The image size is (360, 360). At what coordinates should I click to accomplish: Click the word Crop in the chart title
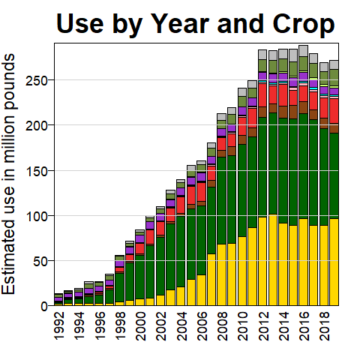(x=304, y=24)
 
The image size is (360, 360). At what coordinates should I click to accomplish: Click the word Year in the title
(x=180, y=24)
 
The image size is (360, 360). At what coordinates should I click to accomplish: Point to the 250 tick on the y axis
(x=37, y=80)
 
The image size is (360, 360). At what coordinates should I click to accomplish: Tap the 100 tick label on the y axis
(x=37, y=216)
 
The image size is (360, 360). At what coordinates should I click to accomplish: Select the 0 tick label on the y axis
(x=44, y=306)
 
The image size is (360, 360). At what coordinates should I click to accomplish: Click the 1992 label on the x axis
(x=59, y=326)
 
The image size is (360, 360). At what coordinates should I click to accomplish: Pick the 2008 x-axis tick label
(x=223, y=326)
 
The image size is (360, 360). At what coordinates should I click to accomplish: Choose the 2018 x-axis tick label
(x=325, y=326)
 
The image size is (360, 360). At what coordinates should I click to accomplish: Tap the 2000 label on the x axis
(x=141, y=326)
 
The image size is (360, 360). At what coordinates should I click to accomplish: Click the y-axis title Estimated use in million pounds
(x=9, y=174)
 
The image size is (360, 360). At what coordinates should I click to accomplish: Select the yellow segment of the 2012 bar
(x=262, y=261)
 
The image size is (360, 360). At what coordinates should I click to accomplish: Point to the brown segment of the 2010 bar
(x=242, y=140)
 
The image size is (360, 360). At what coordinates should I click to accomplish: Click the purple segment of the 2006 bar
(x=201, y=177)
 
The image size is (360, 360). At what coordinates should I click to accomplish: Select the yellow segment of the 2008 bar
(x=221, y=274)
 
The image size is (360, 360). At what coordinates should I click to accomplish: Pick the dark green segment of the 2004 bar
(x=181, y=251)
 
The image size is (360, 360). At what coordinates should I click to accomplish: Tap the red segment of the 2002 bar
(x=160, y=228)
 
